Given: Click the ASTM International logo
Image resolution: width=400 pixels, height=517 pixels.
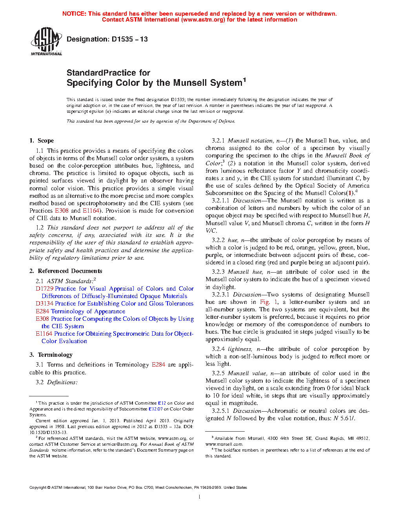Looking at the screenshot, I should tap(46, 41).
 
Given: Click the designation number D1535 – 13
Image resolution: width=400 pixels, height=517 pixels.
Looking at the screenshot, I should tap(129, 39).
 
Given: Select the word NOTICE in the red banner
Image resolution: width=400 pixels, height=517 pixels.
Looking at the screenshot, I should tap(74, 14).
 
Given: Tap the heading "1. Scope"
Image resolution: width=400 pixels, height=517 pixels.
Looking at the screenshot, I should tap(42, 141).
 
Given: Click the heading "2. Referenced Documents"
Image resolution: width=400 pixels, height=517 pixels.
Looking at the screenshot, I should tap(66, 271).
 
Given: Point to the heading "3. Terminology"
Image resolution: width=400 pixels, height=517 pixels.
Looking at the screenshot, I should tap(51, 355).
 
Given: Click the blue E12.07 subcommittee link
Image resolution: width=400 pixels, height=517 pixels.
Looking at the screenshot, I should tap(155, 409).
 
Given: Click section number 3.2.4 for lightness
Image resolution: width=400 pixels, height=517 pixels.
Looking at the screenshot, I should tap(218, 349).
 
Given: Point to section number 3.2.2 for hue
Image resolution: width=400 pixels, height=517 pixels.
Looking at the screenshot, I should tap(218, 240).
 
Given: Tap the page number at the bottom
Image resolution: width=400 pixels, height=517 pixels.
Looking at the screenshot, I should tap(200, 497).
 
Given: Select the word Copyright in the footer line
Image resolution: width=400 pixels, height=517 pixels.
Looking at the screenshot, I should tap(38, 488).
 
